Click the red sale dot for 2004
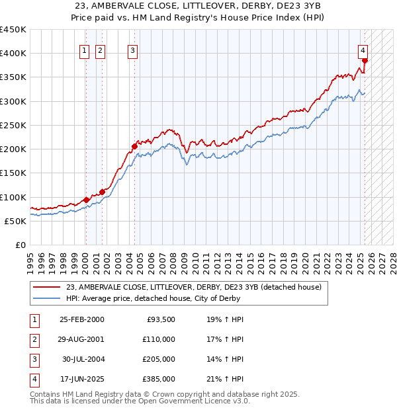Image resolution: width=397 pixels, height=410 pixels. [134, 146]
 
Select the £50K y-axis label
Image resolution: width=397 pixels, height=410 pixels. [16, 221]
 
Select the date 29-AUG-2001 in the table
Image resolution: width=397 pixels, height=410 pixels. [82, 339]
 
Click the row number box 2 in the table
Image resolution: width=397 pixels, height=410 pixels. [34, 339]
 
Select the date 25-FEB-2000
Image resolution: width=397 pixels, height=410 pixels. [82, 319]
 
